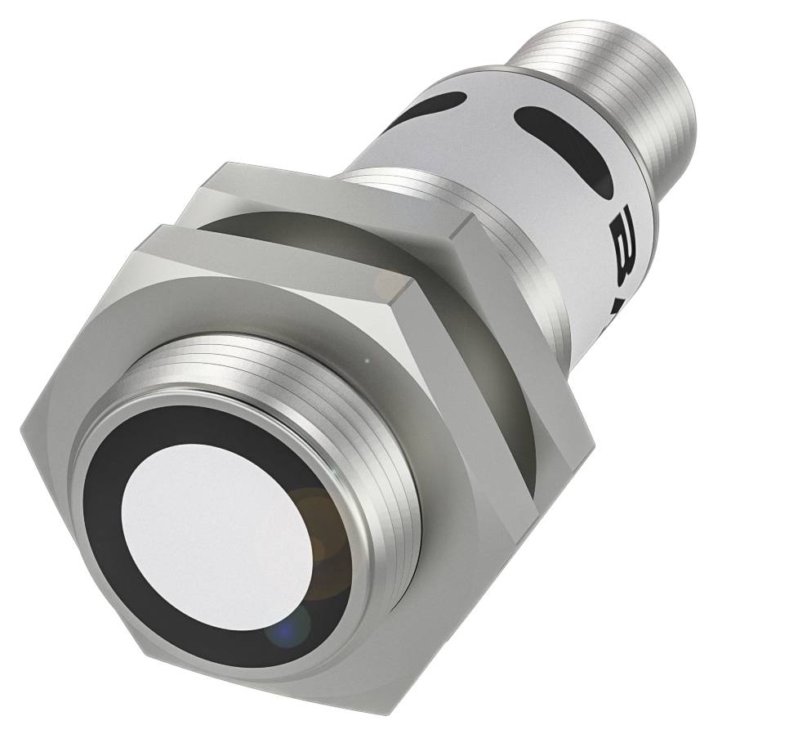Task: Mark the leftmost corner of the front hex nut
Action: pos(23,425)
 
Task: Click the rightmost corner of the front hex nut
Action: pos(591,446)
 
